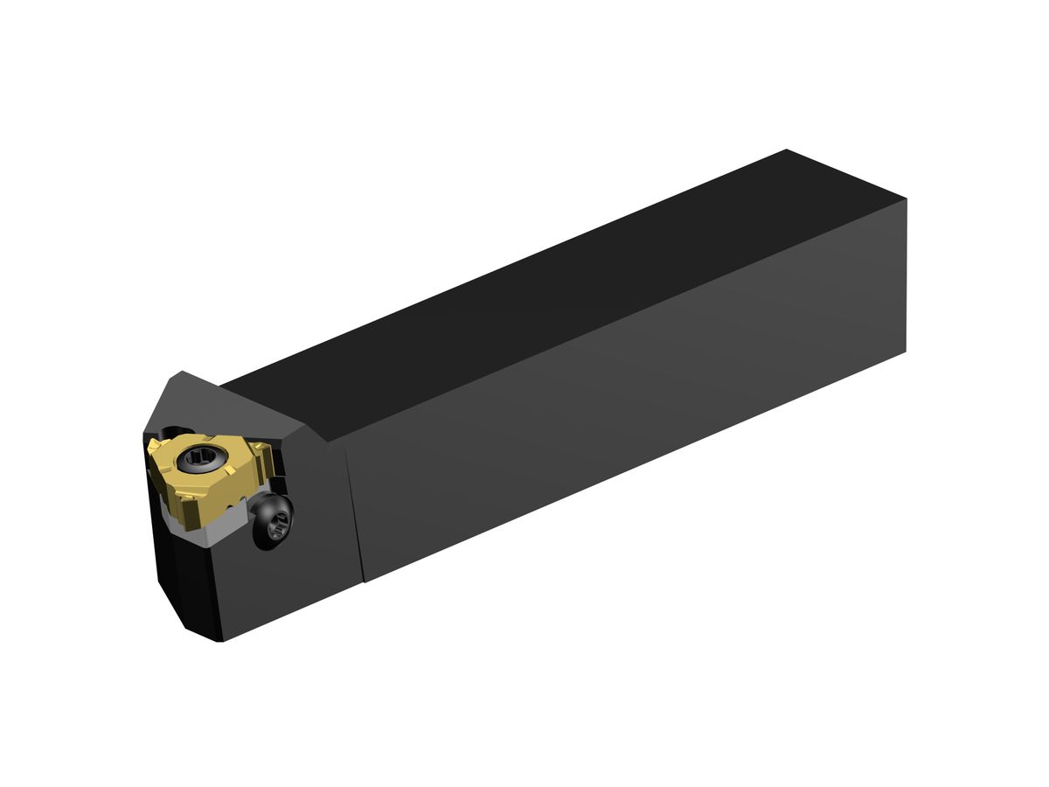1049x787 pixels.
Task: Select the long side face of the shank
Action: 629,411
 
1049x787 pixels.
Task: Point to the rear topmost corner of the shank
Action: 787,150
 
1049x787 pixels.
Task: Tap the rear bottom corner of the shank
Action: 905,352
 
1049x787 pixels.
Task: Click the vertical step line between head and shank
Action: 356,507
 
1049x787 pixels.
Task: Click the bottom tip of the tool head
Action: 219,640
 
